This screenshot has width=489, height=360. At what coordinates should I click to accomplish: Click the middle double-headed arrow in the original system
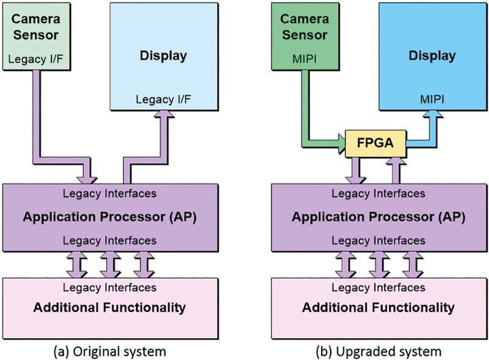pos(108,263)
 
